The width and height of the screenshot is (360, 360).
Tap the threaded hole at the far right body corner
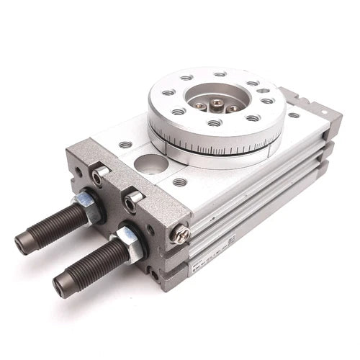[293, 114]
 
